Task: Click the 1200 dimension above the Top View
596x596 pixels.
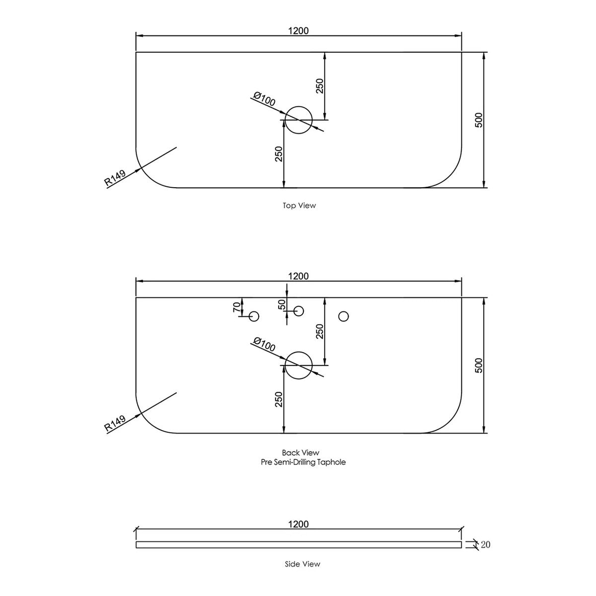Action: pyautogui.click(x=298, y=31)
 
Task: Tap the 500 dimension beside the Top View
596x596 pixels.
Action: pyautogui.click(x=478, y=120)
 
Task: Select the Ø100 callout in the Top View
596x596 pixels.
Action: pyautogui.click(x=264, y=99)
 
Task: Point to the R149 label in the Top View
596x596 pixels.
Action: pyautogui.click(x=115, y=178)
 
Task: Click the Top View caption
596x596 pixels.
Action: pyautogui.click(x=299, y=205)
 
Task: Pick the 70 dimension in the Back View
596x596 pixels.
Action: pyautogui.click(x=236, y=307)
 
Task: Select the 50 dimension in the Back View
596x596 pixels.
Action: pyautogui.click(x=282, y=304)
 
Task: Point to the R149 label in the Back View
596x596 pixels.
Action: pyautogui.click(x=115, y=423)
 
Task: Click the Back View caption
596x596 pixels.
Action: pyautogui.click(x=300, y=452)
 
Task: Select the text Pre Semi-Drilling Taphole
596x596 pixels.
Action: pyautogui.click(x=303, y=462)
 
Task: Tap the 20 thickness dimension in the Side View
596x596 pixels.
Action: pyautogui.click(x=486, y=553)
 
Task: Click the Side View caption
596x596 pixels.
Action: pyautogui.click(x=302, y=573)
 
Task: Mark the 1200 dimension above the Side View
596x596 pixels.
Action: pyautogui.click(x=298, y=524)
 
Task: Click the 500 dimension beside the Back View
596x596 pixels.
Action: pyautogui.click(x=478, y=365)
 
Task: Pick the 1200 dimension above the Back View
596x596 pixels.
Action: pyautogui.click(x=298, y=276)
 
